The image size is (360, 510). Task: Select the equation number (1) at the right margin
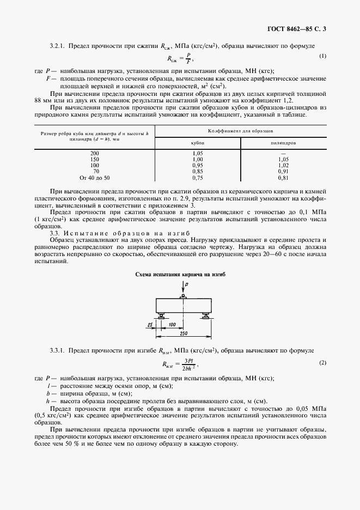tap(322, 56)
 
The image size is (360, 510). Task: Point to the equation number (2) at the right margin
tap(322, 362)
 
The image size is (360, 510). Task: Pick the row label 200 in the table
tap(94, 153)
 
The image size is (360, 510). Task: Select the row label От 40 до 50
tap(94, 178)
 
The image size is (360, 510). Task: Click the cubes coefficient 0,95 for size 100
tap(198, 165)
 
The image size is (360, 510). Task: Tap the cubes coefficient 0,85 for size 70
tap(198, 172)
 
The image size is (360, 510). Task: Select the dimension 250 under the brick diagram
tap(183, 333)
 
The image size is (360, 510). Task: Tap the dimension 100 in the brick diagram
tap(172, 325)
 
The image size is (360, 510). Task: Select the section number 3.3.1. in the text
tap(59, 350)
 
